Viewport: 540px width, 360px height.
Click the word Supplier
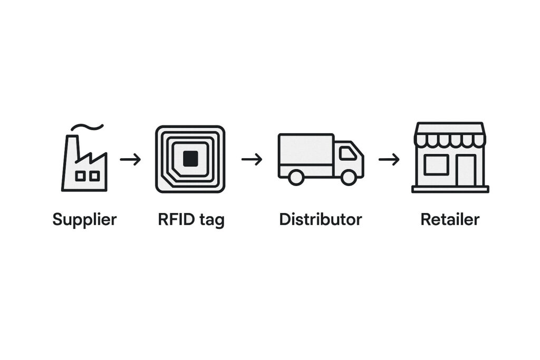[x=84, y=220]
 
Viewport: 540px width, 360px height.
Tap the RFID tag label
[x=191, y=220]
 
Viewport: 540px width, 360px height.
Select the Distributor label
[x=321, y=219]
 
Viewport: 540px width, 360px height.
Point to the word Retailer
[x=450, y=219]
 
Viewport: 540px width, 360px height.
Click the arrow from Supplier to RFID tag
[x=130, y=159]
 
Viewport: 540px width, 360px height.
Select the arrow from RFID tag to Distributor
[x=252, y=159]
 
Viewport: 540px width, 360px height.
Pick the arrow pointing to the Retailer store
[x=389, y=159]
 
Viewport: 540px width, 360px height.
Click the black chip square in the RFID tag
[x=190, y=159]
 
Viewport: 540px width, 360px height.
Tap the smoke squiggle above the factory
[x=87, y=127]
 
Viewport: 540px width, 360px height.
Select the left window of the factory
[x=80, y=176]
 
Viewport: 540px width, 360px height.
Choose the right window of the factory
[x=94, y=176]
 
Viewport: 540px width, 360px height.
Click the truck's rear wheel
[x=296, y=178]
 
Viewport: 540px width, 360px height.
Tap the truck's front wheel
[x=349, y=178]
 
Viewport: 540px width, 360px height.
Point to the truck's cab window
[x=348, y=153]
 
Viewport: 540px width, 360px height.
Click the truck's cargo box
[x=306, y=155]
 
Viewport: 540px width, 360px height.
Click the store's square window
[x=436, y=165]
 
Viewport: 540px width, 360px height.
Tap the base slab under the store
[x=450, y=189]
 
